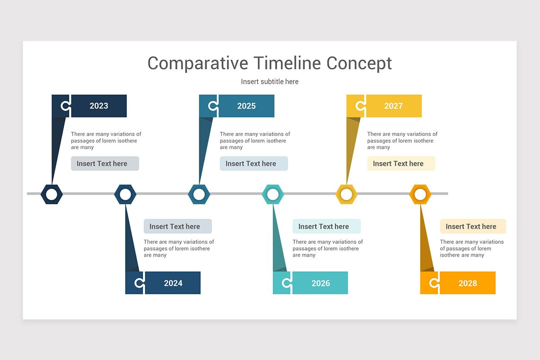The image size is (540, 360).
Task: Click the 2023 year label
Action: click(99, 106)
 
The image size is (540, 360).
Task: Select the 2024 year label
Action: click(173, 283)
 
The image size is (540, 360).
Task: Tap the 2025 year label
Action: click(246, 106)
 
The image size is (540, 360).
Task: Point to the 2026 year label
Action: click(320, 283)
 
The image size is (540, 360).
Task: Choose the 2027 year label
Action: click(393, 106)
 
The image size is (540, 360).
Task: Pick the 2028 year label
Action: click(468, 283)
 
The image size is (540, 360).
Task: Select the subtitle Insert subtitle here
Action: click(270, 81)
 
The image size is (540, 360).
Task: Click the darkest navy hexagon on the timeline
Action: click(52, 194)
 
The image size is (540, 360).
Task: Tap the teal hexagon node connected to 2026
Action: click(273, 194)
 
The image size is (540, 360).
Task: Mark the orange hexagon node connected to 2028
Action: click(420, 194)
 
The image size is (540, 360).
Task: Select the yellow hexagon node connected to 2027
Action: click(346, 194)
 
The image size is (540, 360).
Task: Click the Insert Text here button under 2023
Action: click(105, 163)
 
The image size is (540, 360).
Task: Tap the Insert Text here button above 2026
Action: click(326, 226)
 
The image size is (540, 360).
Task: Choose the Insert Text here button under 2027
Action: click(401, 163)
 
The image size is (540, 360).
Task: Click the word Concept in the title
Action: click(359, 63)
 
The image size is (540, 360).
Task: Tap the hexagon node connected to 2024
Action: click(125, 194)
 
